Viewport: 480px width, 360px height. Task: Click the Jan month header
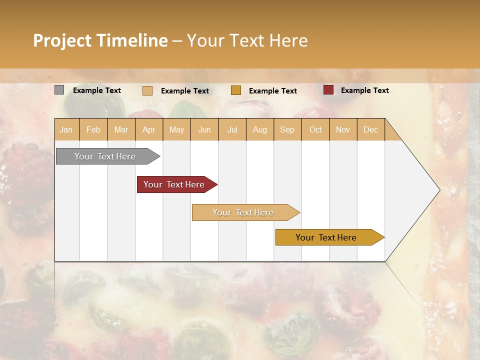[66, 129]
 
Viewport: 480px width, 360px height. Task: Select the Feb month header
[93, 129]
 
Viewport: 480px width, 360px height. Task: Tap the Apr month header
[148, 129]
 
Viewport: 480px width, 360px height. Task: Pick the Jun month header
[204, 129]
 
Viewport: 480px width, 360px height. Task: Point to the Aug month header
[259, 129]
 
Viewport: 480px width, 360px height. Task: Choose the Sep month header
[287, 129]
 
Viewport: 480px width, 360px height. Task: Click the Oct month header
[315, 129]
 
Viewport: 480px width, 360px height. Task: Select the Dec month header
[370, 129]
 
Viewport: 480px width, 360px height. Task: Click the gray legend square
[59, 90]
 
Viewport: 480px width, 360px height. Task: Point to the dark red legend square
[328, 90]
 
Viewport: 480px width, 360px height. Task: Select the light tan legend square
[147, 90]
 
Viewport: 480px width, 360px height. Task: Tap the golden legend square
[236, 90]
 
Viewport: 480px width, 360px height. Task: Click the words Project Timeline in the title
[100, 40]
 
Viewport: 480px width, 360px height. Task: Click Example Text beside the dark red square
[364, 90]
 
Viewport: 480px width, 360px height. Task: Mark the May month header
[176, 129]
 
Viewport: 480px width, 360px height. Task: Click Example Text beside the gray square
[97, 90]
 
